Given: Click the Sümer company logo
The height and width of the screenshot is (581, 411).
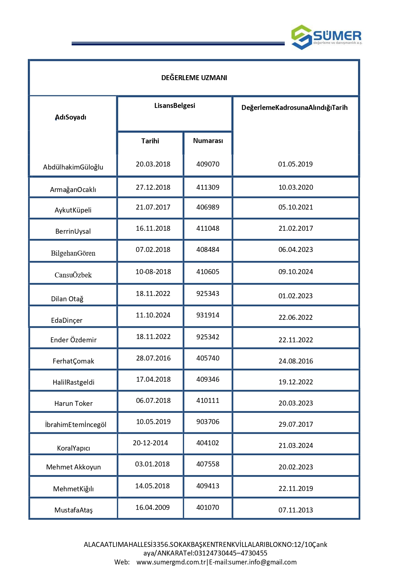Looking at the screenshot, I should pyautogui.click(x=326, y=37).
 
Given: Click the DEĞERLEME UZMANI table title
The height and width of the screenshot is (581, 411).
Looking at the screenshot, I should pyautogui.click(x=194, y=78).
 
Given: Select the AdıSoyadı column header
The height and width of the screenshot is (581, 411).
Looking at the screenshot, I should pyautogui.click(x=71, y=117).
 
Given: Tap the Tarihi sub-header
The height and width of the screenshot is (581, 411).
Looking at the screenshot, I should pyautogui.click(x=150, y=141).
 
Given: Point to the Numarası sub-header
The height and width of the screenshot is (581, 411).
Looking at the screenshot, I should pyautogui.click(x=208, y=141).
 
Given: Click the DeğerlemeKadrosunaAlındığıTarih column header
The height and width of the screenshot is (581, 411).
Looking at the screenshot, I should pyautogui.click(x=294, y=108).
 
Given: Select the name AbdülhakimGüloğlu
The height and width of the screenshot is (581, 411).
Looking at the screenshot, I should pyautogui.click(x=73, y=167).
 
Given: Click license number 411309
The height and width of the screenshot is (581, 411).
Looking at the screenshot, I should pyautogui.click(x=208, y=187).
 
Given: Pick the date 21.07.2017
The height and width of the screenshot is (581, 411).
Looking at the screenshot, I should pyautogui.click(x=153, y=207).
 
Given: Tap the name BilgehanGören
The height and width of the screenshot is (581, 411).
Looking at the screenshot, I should pyautogui.click(x=73, y=253).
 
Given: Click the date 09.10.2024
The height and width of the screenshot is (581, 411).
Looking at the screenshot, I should pyautogui.click(x=295, y=272).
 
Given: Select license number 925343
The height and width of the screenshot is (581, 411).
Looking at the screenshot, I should pyautogui.click(x=208, y=294).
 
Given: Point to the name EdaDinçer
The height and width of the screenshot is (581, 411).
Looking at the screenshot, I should pyautogui.click(x=67, y=320).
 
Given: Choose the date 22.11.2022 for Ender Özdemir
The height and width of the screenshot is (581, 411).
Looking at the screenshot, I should pyautogui.click(x=295, y=340).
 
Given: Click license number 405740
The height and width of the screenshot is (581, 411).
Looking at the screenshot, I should pyautogui.click(x=208, y=358).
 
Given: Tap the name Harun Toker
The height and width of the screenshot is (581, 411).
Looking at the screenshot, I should pyautogui.click(x=74, y=404).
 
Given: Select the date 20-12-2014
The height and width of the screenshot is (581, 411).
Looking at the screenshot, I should pyautogui.click(x=150, y=443).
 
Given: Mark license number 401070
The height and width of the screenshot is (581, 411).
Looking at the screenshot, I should pyautogui.click(x=208, y=508).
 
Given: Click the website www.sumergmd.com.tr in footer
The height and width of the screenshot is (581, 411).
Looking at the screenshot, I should pyautogui.click(x=171, y=562).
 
